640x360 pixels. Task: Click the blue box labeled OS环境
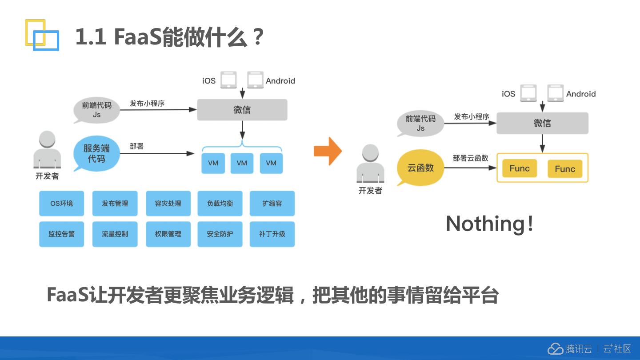(61, 203)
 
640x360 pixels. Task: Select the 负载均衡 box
(220, 203)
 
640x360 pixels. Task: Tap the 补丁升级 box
(272, 234)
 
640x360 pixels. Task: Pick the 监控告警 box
(61, 234)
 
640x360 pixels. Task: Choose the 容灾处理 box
(168, 203)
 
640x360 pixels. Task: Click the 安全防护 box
(220, 234)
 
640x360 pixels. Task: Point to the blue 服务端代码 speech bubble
(96, 153)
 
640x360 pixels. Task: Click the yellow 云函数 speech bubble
(420, 168)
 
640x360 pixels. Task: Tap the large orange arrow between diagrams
(328, 151)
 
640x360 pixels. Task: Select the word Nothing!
(489, 223)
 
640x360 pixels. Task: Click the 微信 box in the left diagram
(242, 110)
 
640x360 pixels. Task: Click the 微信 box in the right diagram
(542, 123)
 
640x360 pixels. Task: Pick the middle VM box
(242, 163)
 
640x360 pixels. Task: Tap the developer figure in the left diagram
(47, 151)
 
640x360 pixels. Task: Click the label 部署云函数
(471, 158)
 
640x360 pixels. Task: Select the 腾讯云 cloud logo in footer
(555, 349)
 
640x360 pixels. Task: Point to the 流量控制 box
(115, 234)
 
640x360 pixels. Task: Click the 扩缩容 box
(272, 203)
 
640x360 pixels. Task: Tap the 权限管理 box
(168, 234)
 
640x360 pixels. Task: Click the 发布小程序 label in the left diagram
(147, 103)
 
